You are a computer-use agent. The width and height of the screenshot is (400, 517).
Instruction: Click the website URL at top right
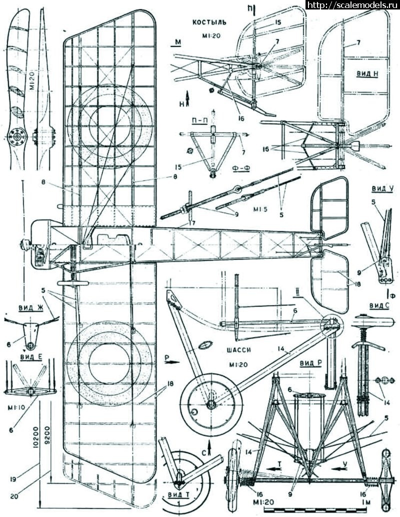(352, 5)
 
